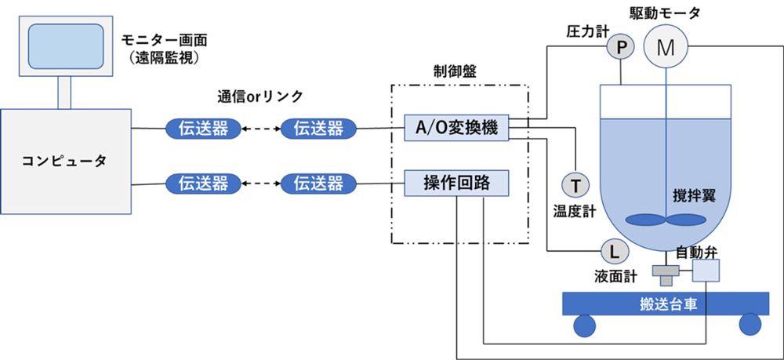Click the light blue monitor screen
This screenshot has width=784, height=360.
[66, 46]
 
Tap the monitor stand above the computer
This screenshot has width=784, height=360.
[66, 93]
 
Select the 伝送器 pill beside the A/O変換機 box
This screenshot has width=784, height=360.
[318, 129]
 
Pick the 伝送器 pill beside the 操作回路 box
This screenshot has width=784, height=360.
[318, 184]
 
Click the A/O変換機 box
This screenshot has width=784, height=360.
[457, 129]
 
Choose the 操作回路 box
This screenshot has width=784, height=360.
[457, 184]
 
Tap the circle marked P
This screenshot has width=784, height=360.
[621, 48]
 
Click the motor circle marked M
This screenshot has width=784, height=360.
[665, 47]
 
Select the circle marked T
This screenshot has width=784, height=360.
[575, 185]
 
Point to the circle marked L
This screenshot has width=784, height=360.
[614, 251]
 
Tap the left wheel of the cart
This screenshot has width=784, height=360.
[584, 325]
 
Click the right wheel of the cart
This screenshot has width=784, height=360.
[750, 325]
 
